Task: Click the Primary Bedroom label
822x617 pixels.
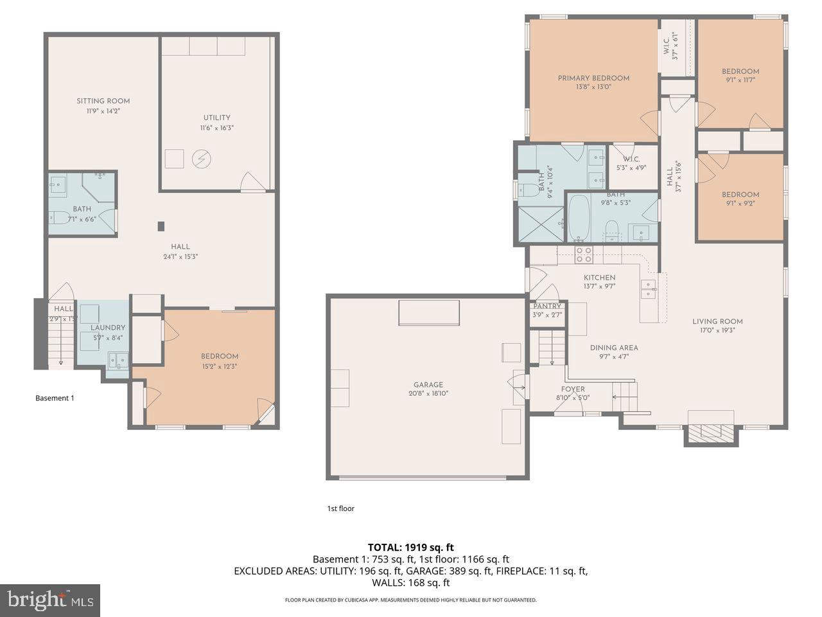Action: (593, 78)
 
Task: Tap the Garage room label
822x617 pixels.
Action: (427, 385)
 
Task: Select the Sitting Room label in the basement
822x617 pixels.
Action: (103, 101)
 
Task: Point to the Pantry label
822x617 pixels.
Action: (547, 307)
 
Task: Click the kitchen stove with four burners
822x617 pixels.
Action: (583, 255)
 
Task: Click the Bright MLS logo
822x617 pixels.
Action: (49, 600)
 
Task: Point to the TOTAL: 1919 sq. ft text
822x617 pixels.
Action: (410, 548)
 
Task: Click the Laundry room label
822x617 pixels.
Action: (108, 328)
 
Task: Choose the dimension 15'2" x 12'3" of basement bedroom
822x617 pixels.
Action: (220, 366)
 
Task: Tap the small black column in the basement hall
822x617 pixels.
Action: (161, 226)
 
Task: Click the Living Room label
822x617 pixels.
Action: (717, 321)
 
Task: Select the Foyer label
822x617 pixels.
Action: (573, 389)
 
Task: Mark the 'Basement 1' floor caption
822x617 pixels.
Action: (55, 398)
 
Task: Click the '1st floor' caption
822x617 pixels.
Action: (340, 508)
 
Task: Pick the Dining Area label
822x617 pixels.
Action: (614, 348)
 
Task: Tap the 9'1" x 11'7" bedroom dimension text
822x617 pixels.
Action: (740, 80)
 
